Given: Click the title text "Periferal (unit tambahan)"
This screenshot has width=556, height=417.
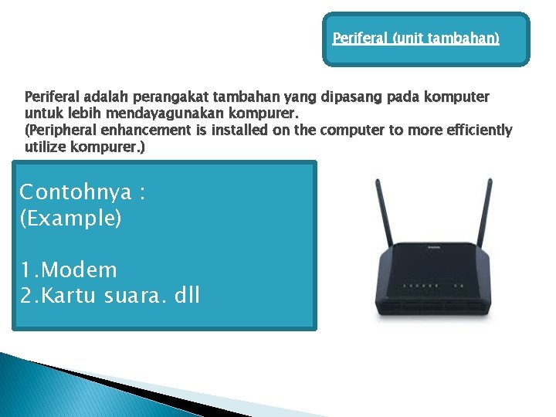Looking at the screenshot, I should [x=415, y=38].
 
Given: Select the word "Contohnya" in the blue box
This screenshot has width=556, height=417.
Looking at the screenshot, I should [x=75, y=192].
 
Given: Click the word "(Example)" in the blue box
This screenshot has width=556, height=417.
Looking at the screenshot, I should [x=70, y=218].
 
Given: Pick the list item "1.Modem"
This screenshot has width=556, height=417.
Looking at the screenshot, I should [x=69, y=270].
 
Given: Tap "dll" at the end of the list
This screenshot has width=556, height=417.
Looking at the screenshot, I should [x=186, y=294].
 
